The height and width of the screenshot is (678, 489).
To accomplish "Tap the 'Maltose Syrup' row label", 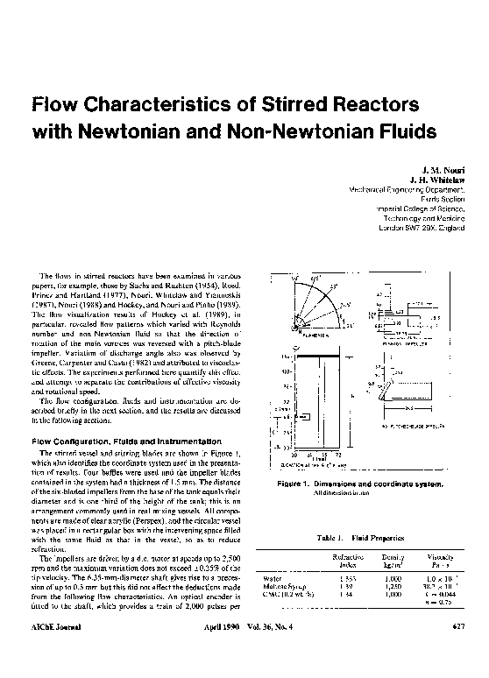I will (x=284, y=587).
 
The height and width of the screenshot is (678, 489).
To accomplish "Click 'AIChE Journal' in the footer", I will (x=52, y=626).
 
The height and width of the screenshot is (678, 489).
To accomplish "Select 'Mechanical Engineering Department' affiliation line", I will (x=410, y=189).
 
